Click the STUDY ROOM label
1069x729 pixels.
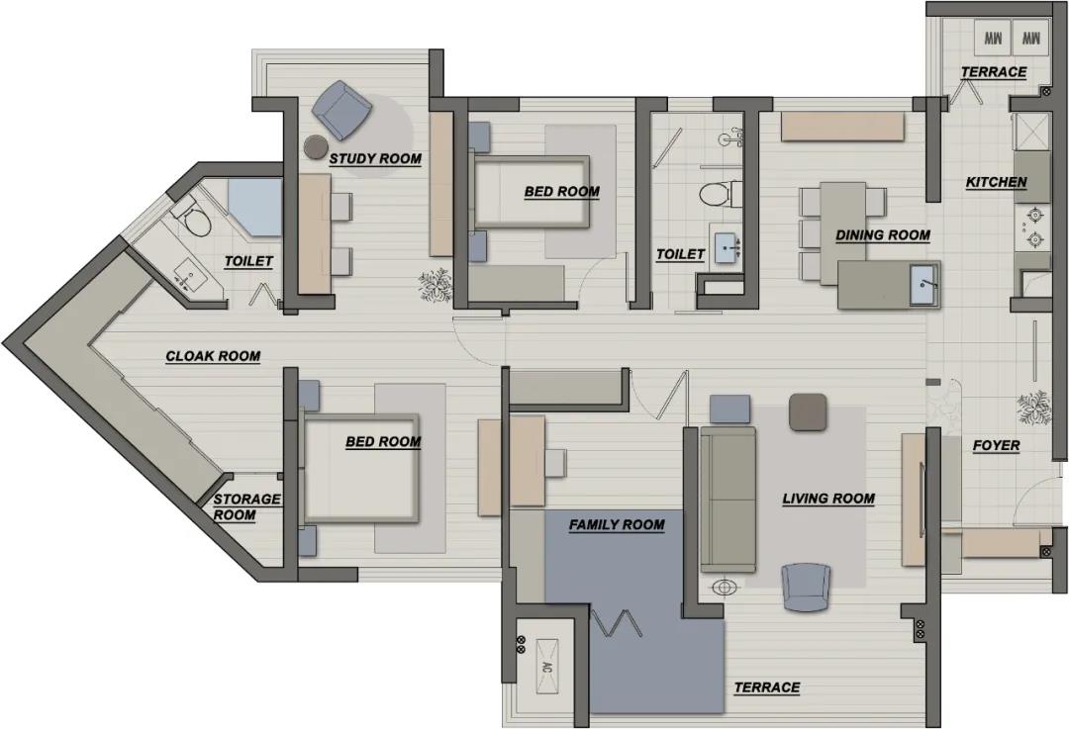coord(375,158)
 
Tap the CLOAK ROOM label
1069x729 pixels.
coord(214,356)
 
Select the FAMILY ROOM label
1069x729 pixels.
coord(617,524)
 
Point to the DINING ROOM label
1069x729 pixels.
coord(883,235)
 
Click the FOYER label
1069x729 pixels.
coord(996,445)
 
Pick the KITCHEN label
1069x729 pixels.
coord(996,182)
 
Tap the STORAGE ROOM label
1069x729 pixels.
coord(246,506)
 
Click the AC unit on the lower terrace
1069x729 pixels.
coord(546,667)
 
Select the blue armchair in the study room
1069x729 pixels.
coord(342,109)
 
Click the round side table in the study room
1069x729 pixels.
coord(316,147)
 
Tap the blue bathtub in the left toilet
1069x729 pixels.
coord(255,207)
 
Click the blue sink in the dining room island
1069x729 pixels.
coord(924,284)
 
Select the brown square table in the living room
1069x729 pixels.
coord(809,412)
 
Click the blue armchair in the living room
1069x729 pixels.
coord(806,587)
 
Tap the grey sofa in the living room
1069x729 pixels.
coord(729,500)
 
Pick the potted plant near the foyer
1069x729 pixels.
coord(1032,410)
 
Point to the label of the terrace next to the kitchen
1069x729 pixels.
coord(994,72)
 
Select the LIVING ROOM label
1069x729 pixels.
coord(828,499)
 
